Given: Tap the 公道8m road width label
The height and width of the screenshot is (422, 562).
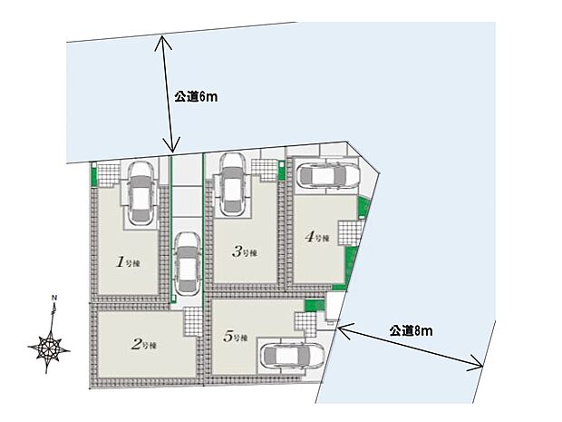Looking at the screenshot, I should [411, 331].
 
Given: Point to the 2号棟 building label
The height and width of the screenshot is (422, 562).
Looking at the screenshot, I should [145, 345].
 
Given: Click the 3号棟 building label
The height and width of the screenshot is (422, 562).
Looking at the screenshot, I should [245, 253].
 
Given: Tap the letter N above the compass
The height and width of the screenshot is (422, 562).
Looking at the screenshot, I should [54, 299].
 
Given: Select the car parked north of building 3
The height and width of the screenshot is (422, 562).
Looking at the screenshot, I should [231, 183].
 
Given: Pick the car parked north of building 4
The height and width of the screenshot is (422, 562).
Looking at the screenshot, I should [328, 175].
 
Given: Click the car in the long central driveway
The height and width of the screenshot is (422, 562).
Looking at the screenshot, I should [187, 264].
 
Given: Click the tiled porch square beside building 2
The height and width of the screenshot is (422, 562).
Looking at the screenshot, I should [194, 321].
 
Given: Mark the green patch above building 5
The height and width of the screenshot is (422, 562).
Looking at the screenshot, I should [315, 305].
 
